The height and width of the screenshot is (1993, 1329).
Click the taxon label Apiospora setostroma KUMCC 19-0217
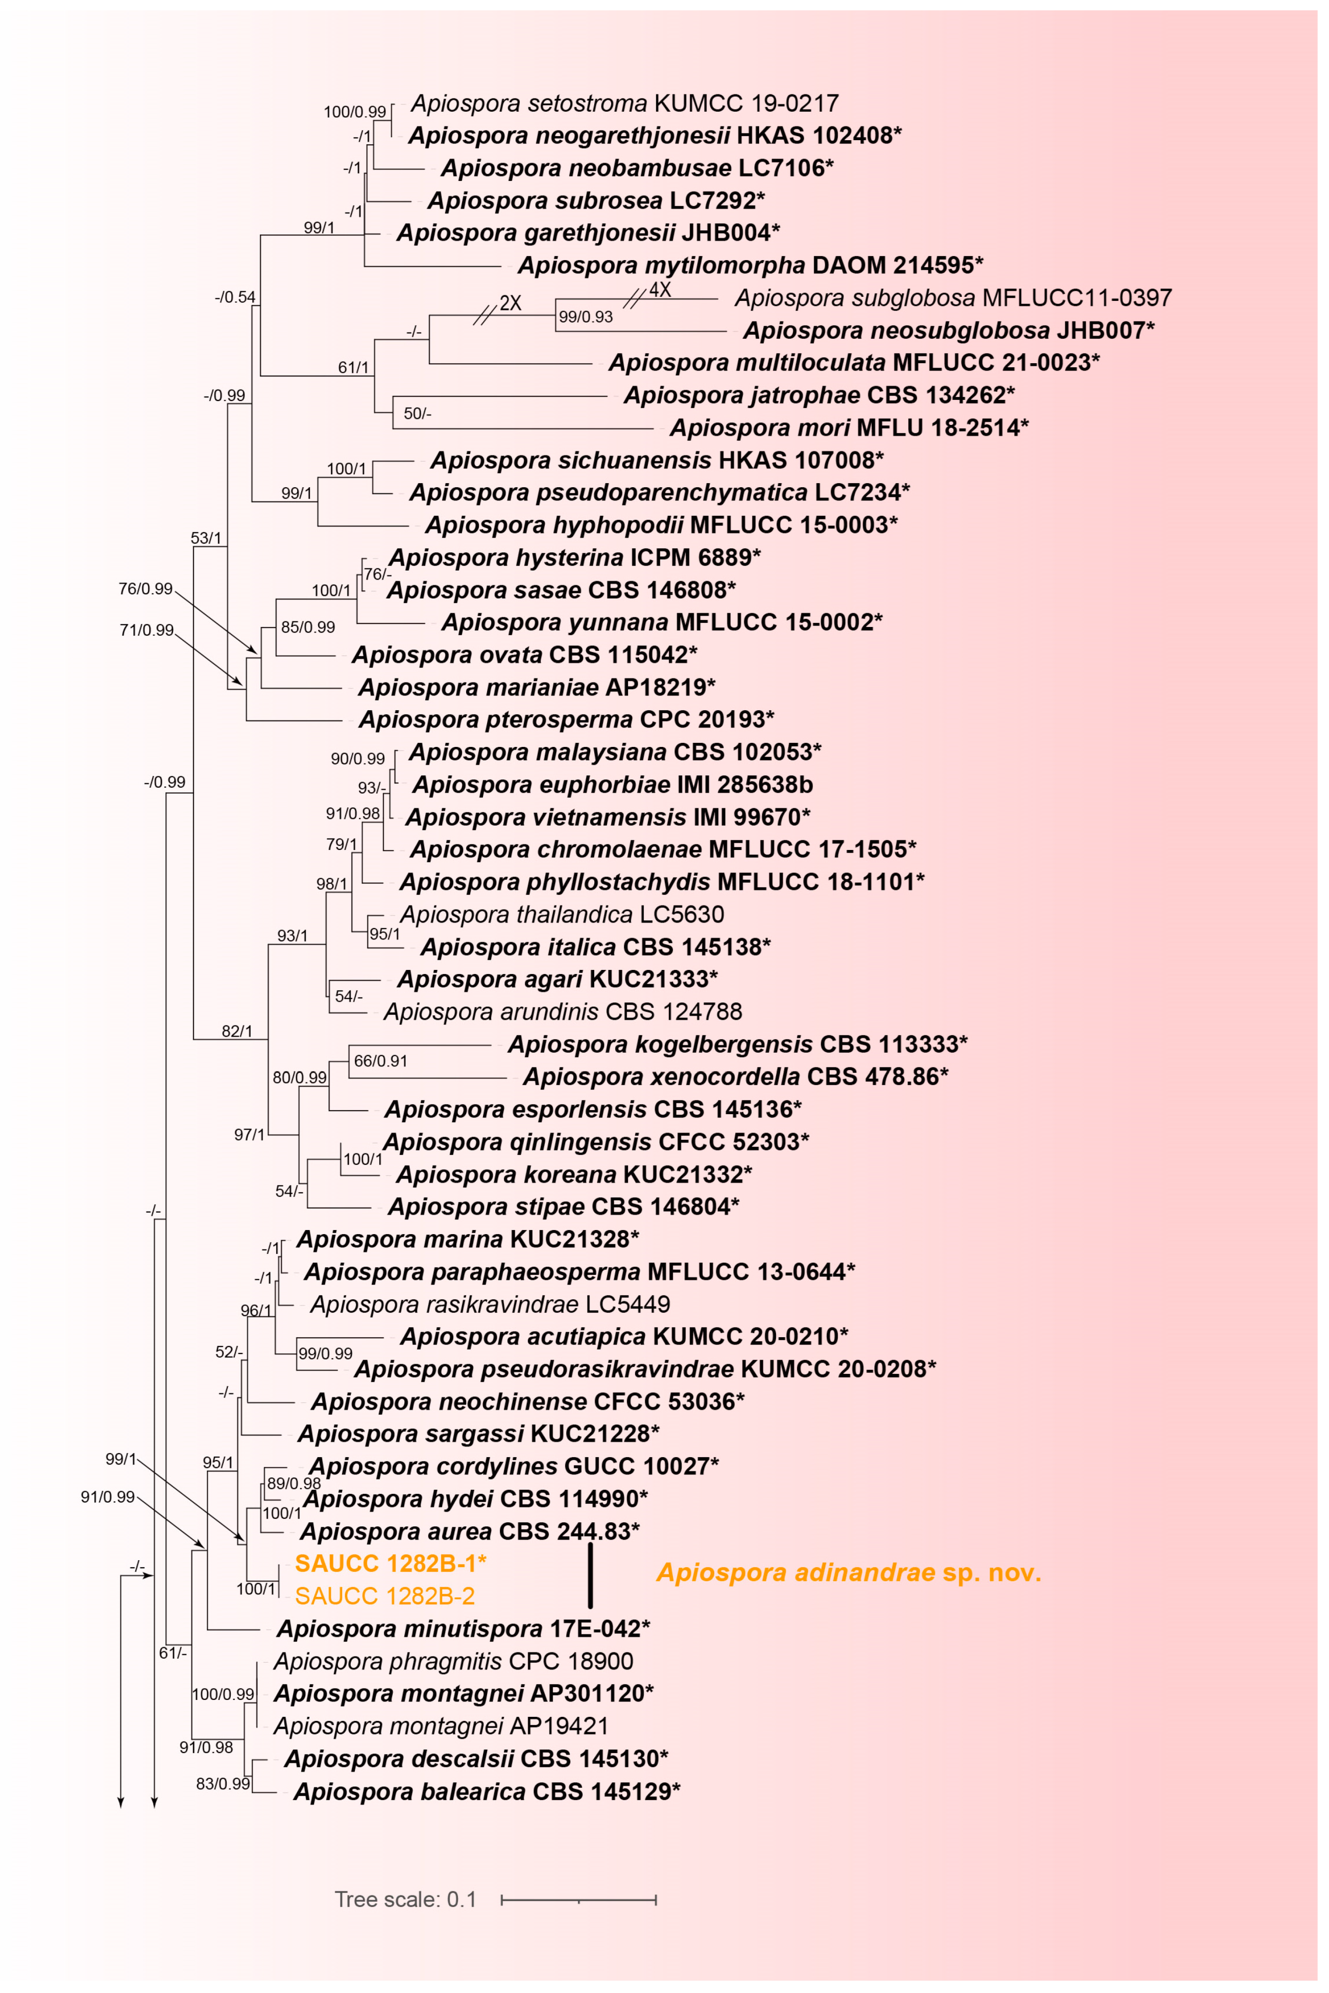(x=624, y=103)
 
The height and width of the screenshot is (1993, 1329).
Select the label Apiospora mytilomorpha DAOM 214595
(x=750, y=265)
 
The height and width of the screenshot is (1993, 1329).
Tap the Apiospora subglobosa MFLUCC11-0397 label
(x=953, y=298)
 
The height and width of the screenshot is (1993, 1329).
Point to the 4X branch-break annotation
(x=659, y=290)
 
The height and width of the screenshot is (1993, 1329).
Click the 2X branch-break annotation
(x=510, y=303)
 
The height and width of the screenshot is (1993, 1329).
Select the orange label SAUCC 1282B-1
(x=390, y=1563)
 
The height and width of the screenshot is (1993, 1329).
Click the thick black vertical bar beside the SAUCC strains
(x=590, y=1575)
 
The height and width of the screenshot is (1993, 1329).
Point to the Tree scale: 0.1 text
(x=405, y=1899)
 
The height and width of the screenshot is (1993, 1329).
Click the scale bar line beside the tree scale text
(x=579, y=1900)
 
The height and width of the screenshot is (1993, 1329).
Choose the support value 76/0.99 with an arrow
(x=145, y=588)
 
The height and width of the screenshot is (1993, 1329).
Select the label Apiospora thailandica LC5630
(x=562, y=914)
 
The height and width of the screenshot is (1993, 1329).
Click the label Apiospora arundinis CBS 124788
(x=563, y=1011)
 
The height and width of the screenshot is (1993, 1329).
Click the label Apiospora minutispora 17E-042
(x=463, y=1628)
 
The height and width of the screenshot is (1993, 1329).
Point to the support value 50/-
(x=417, y=414)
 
